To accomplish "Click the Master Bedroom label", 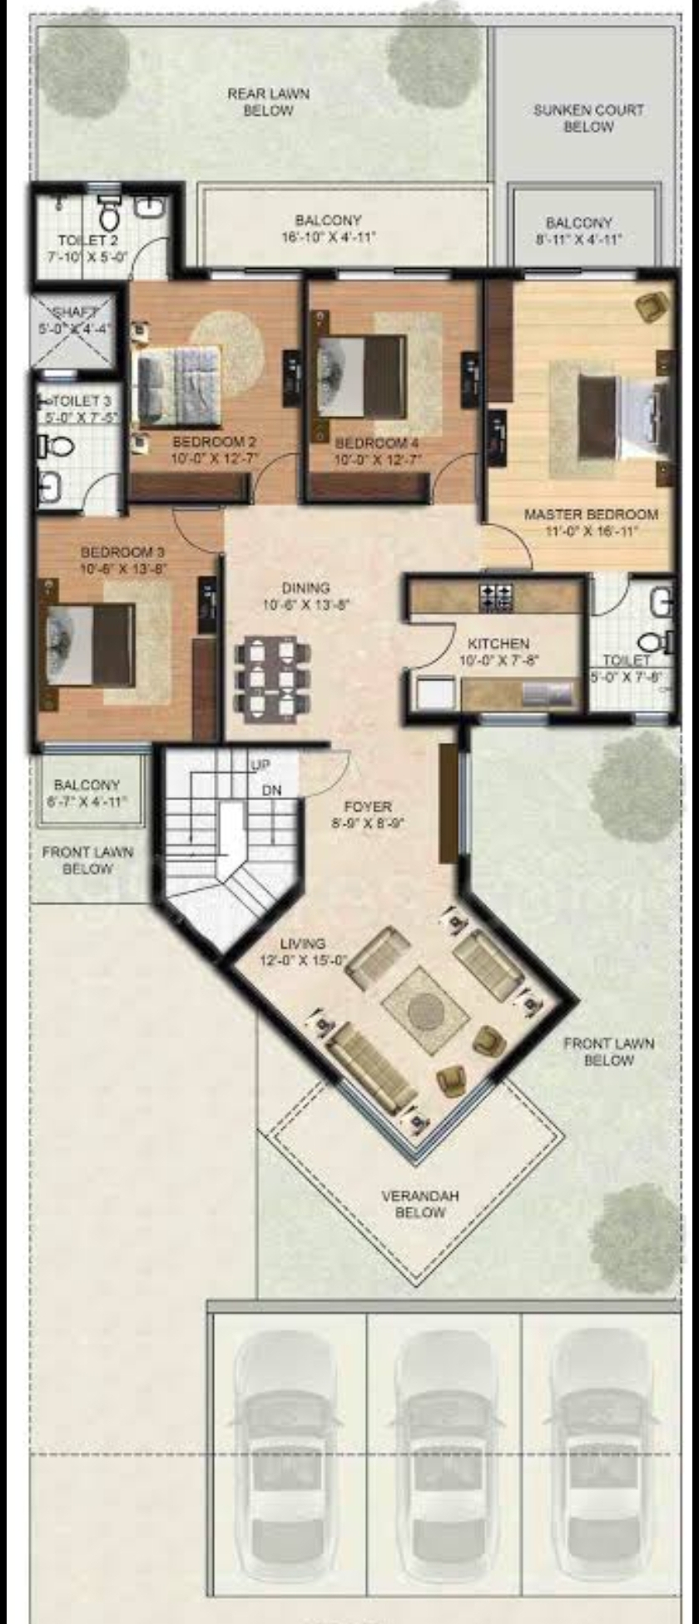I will pyautogui.click(x=591, y=515).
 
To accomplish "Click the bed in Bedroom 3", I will pyautogui.click(x=91, y=645).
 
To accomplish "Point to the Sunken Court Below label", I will pyautogui.click(x=588, y=118).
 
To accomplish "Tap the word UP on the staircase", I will pyautogui.click(x=260, y=765).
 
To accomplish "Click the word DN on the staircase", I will pyautogui.click(x=271, y=790).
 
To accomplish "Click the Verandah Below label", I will pyautogui.click(x=420, y=1204).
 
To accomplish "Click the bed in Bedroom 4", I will pyautogui.click(x=362, y=376).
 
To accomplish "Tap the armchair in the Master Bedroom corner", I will pyautogui.click(x=650, y=306).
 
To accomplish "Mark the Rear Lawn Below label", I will pyautogui.click(x=268, y=101).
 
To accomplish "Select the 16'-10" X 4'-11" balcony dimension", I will pyautogui.click(x=329, y=237).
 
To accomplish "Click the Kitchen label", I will pyautogui.click(x=498, y=644).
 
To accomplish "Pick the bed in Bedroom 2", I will pyautogui.click(x=179, y=376).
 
